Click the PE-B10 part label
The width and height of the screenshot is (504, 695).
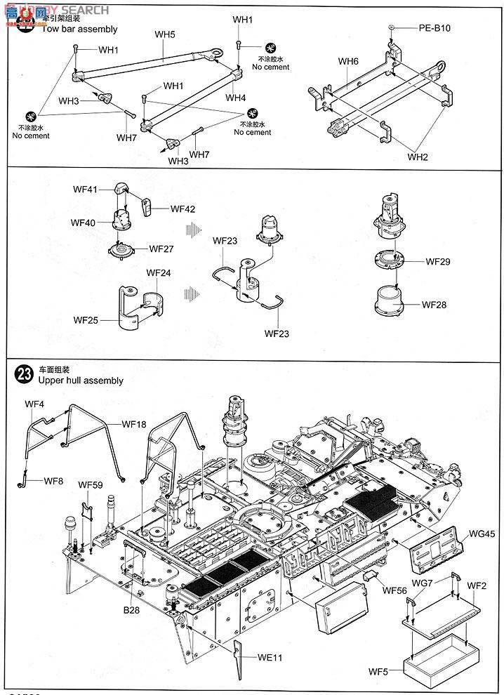435,29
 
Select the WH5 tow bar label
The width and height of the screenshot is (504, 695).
164,34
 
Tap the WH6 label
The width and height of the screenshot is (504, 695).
348,62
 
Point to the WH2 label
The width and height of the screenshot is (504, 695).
417,157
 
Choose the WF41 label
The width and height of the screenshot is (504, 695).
86,190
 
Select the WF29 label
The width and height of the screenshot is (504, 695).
438,262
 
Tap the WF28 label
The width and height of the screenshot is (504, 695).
435,305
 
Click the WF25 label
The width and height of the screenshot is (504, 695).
86,319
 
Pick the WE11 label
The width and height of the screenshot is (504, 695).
270,658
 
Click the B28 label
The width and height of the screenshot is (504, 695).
132,611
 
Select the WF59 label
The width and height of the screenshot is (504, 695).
91,484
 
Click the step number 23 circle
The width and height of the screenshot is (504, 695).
25,373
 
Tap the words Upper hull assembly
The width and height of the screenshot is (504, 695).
81,380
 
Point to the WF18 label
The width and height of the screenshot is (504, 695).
134,424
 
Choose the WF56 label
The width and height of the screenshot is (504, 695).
395,590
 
